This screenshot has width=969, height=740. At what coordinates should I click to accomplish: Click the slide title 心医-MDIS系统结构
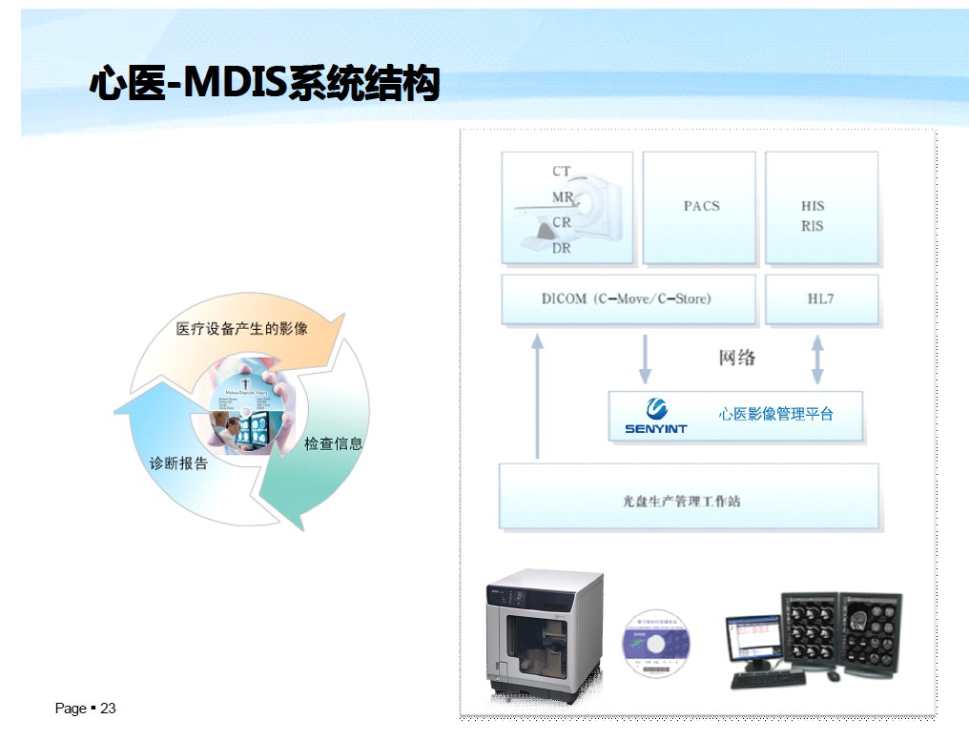click(x=264, y=84)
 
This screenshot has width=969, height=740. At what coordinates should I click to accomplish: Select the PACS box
click(x=701, y=206)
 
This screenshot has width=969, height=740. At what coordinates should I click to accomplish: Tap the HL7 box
click(x=820, y=298)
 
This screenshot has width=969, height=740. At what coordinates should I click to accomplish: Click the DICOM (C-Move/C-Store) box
click(x=627, y=298)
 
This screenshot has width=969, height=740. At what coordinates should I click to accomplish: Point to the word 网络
click(x=736, y=358)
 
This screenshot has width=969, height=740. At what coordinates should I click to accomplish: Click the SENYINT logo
click(x=656, y=416)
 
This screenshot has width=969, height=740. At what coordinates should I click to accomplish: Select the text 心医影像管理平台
click(x=775, y=414)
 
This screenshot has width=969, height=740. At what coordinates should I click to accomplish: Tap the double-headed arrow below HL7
click(x=817, y=359)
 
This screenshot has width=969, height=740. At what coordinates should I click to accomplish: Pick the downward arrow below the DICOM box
click(x=646, y=359)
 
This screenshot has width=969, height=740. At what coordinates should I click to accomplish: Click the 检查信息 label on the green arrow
click(x=333, y=443)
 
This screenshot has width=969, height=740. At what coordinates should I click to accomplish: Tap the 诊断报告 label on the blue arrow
click(x=178, y=463)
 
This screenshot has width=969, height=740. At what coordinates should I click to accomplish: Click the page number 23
click(x=108, y=709)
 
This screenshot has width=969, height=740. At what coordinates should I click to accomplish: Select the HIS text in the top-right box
click(x=813, y=205)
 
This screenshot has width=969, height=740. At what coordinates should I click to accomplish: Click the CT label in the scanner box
click(x=561, y=172)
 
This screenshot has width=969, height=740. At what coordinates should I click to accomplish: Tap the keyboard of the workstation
click(x=767, y=679)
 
